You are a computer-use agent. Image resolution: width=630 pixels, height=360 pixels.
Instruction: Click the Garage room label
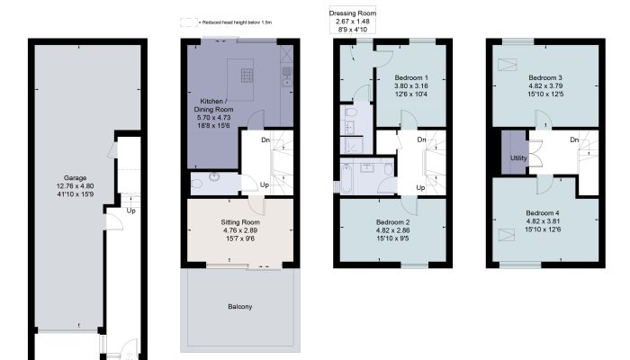pyautogui.click(x=75, y=177)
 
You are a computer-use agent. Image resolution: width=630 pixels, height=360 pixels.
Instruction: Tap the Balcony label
pyautogui.click(x=240, y=307)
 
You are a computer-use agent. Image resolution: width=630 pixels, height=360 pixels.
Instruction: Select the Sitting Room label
pyautogui.click(x=240, y=222)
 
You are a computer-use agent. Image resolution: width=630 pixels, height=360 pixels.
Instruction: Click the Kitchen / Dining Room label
pyautogui.click(x=213, y=105)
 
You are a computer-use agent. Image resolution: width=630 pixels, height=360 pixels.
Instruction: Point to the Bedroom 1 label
pyautogui.click(x=411, y=77)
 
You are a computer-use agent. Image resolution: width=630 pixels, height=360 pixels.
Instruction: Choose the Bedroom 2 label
pyautogui.click(x=393, y=222)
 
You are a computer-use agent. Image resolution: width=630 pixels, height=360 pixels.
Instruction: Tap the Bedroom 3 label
pyautogui.click(x=545, y=77)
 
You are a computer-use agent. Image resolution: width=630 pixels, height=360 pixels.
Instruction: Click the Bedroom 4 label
pyautogui.click(x=543, y=213)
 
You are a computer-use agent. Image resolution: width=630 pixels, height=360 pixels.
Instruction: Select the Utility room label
pyautogui.click(x=518, y=157)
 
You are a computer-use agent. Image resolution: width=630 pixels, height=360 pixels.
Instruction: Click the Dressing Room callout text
pyautogui.click(x=353, y=13)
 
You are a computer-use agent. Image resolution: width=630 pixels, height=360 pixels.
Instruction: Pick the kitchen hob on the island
pyautogui.click(x=247, y=76)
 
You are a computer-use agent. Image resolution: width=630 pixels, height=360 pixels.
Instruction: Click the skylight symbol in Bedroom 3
pyautogui.click(x=507, y=64)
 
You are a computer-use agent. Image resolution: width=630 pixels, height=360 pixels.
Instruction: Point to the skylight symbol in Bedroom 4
pyautogui.click(x=506, y=235)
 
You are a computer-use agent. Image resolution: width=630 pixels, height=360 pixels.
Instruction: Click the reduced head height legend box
pyautogui.click(x=188, y=22)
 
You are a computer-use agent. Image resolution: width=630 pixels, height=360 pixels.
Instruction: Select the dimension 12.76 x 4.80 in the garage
pyautogui.click(x=75, y=186)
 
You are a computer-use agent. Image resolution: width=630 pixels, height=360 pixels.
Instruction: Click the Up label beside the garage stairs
pyautogui.click(x=131, y=211)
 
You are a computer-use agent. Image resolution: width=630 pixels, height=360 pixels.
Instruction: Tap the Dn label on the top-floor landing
pyautogui.click(x=574, y=139)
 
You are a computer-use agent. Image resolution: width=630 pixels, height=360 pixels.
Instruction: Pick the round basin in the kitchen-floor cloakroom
pyautogui.click(x=214, y=176)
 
